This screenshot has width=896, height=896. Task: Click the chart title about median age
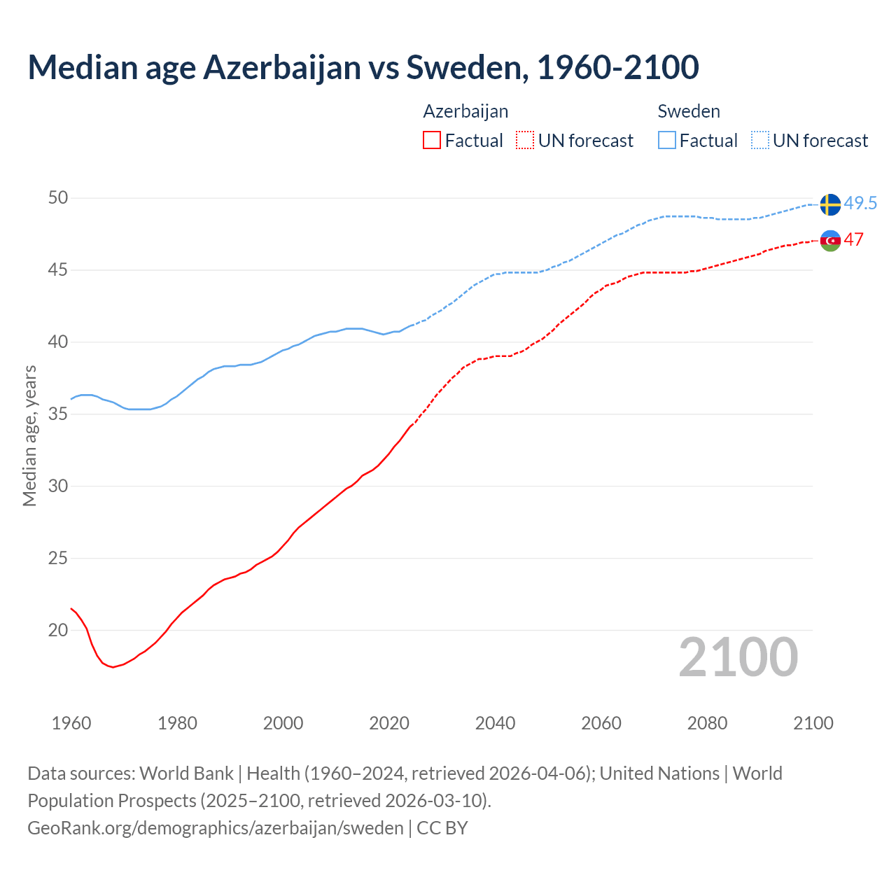[363, 67]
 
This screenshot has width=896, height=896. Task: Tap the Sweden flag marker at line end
[830, 204]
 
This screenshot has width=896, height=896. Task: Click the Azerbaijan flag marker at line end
[830, 240]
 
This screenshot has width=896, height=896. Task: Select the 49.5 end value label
[860, 204]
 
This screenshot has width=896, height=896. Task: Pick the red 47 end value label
[853, 239]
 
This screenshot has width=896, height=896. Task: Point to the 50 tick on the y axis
[58, 198]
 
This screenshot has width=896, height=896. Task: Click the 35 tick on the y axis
[58, 414]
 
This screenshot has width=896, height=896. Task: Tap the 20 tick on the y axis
[58, 631]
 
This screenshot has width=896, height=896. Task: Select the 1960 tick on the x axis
[71, 723]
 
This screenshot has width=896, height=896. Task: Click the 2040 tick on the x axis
[495, 723]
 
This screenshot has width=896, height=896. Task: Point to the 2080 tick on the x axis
[707, 723]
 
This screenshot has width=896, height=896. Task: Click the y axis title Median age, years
[29, 435]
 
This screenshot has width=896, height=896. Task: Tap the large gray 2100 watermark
[738, 657]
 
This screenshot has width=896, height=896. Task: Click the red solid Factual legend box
[432, 141]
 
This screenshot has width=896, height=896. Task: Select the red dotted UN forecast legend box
[525, 141]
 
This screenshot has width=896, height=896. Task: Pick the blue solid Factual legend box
[667, 141]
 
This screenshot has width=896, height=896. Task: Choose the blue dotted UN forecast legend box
[760, 141]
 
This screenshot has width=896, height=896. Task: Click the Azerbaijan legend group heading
[465, 111]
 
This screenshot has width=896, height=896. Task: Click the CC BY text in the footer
[442, 828]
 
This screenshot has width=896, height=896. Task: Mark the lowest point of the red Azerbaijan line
[113, 667]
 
